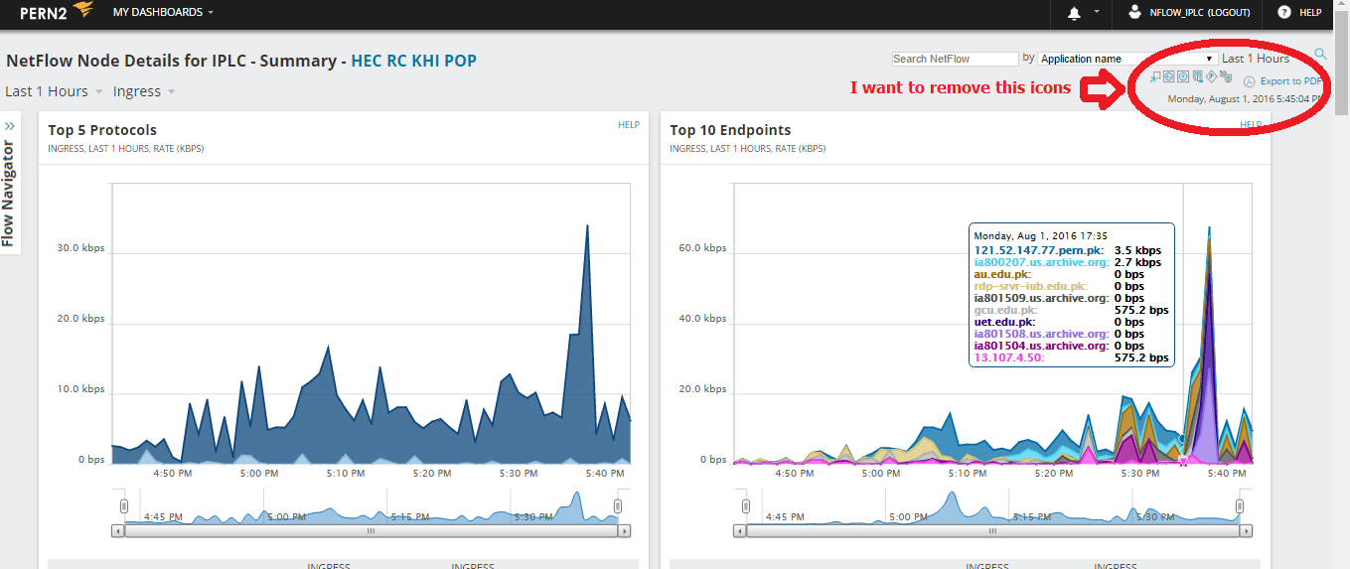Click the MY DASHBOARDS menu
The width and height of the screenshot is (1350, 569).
point(163,13)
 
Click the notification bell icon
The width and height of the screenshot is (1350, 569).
point(1074,13)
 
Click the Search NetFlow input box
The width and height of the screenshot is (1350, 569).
point(955,60)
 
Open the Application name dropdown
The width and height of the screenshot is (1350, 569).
point(1127,60)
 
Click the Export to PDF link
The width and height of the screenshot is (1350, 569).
point(1290,81)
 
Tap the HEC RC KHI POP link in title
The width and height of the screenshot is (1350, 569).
point(413,61)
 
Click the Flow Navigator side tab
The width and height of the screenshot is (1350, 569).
point(9,189)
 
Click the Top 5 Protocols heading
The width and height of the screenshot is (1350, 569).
point(102,130)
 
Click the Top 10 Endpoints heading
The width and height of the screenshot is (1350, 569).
point(730,130)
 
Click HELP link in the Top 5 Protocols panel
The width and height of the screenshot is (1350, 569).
point(629,125)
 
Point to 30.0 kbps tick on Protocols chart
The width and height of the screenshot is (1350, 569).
point(80,248)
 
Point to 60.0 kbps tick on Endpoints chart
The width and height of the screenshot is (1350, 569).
point(702,248)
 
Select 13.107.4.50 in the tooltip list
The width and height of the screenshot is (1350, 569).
point(1007,357)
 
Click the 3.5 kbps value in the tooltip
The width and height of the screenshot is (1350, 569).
point(1137,250)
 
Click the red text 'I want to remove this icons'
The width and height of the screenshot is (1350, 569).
point(960,88)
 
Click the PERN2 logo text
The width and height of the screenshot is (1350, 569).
point(43,13)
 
